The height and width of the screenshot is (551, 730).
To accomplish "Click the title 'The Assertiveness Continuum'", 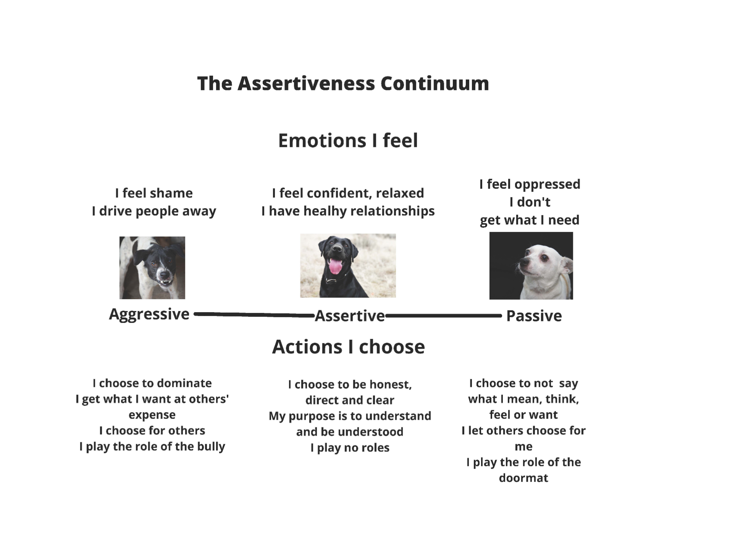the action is (343, 83).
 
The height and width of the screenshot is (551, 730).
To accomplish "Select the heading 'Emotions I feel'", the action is (348, 140).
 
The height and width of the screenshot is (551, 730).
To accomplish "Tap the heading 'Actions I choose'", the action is (348, 347).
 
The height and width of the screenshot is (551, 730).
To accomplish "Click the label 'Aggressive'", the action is (149, 315).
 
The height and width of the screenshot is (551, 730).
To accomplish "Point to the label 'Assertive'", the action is (350, 316).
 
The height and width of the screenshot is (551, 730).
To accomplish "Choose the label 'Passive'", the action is (534, 316).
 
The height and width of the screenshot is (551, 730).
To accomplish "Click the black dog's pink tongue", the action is (336, 266).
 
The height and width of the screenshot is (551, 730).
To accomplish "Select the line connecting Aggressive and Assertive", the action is (254, 315).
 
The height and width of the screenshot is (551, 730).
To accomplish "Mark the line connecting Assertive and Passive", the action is (444, 316).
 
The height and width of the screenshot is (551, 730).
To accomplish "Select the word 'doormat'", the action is (524, 478).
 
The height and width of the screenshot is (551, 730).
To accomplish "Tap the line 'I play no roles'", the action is (350, 448).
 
